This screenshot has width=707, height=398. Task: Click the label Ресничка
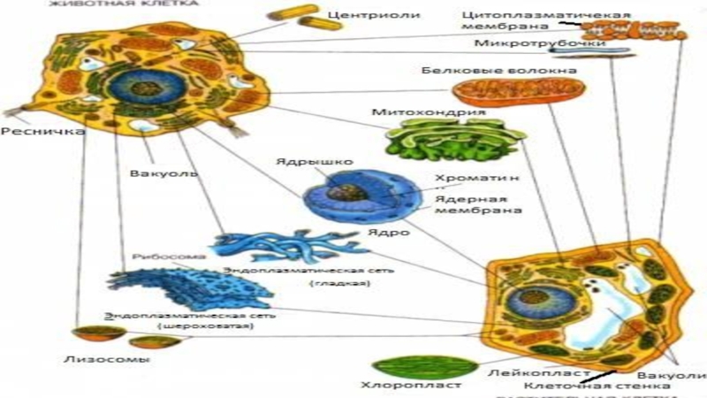click(x=30, y=132)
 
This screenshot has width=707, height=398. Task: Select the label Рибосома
click(x=156, y=256)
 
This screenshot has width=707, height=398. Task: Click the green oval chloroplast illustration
click(x=414, y=366)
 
